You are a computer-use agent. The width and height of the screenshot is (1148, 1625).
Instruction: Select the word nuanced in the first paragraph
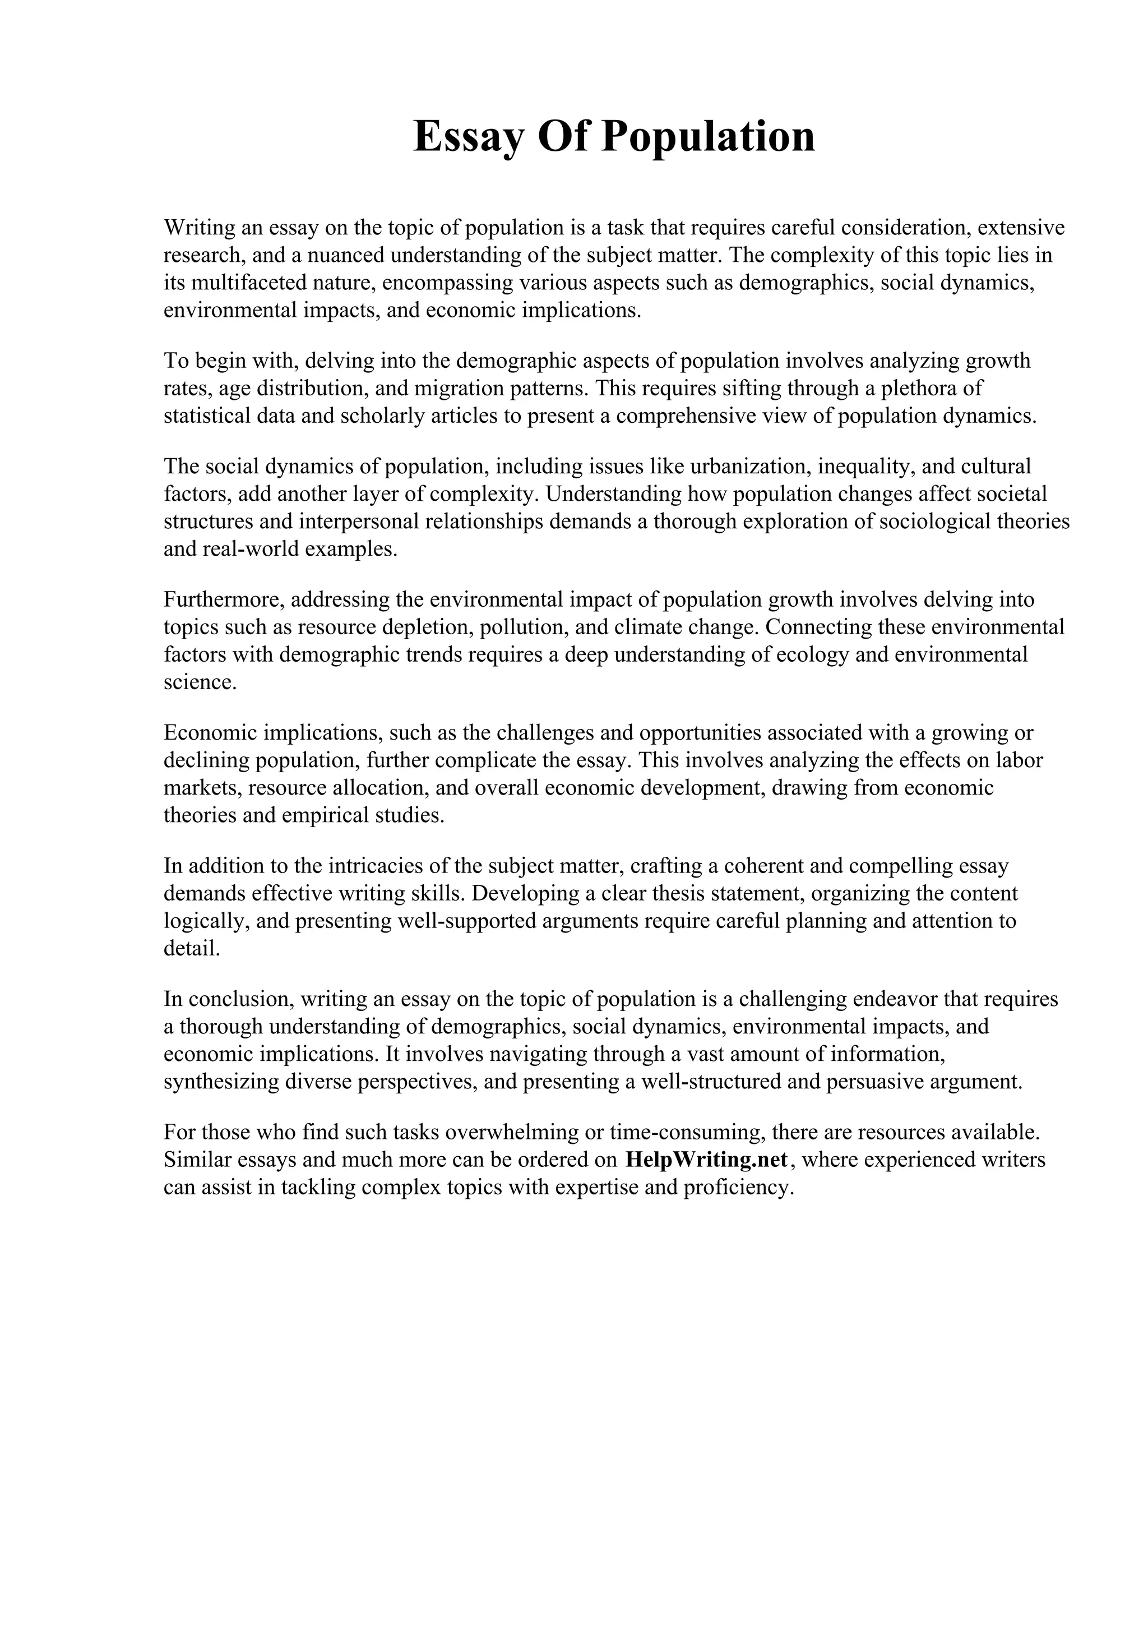345,255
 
